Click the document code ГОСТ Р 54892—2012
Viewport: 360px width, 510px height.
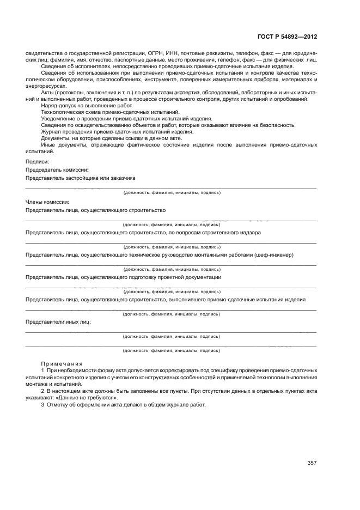[x=286, y=37]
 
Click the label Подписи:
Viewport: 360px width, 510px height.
[x=37, y=161]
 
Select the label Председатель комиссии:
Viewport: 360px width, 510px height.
[x=57, y=169]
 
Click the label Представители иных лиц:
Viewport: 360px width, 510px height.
[x=58, y=322]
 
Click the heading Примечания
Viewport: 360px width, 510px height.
[x=62, y=363]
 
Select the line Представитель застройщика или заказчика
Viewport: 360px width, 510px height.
[x=81, y=178]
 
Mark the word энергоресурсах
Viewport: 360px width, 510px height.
[x=44, y=86]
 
